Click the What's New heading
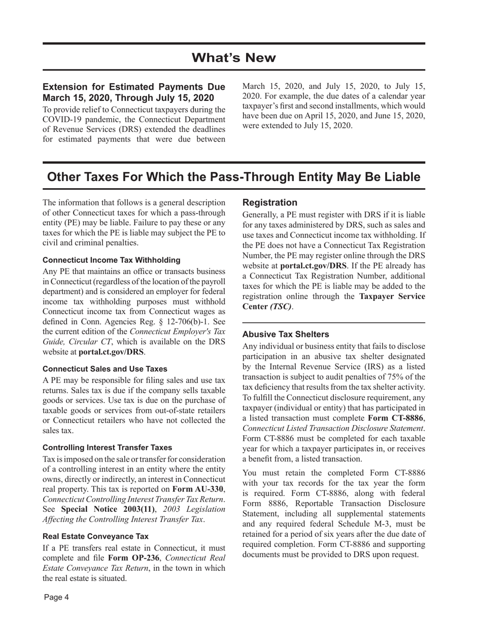(x=234, y=58)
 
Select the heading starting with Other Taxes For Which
(x=234, y=177)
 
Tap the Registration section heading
(x=270, y=202)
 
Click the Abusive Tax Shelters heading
(x=286, y=334)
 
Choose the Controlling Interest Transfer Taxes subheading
(x=107, y=447)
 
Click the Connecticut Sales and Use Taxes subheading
(x=105, y=368)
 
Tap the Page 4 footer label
(x=56, y=597)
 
